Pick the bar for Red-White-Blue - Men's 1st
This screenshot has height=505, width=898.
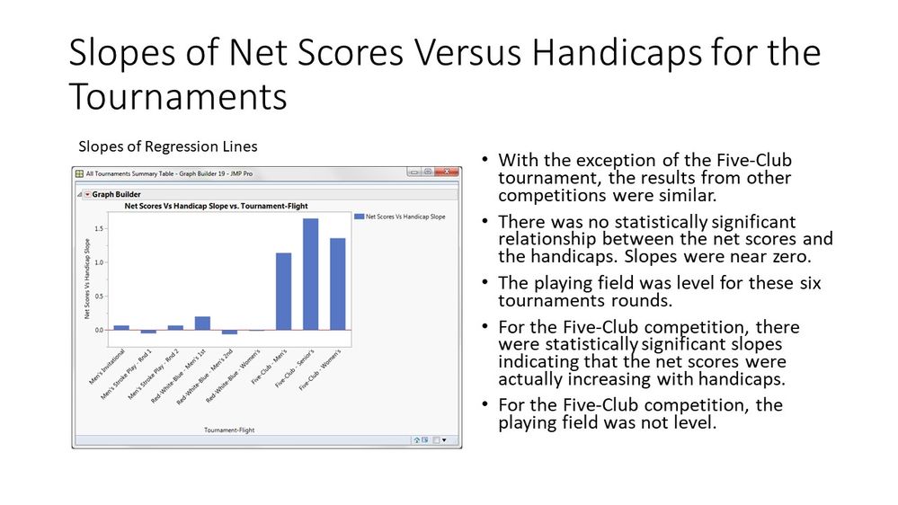click(202, 323)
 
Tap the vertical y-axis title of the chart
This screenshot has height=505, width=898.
click(87, 279)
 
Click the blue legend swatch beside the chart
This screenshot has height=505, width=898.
click(360, 217)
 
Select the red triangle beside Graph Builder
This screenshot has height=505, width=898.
click(86, 193)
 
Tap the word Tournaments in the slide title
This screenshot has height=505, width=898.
click(178, 96)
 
